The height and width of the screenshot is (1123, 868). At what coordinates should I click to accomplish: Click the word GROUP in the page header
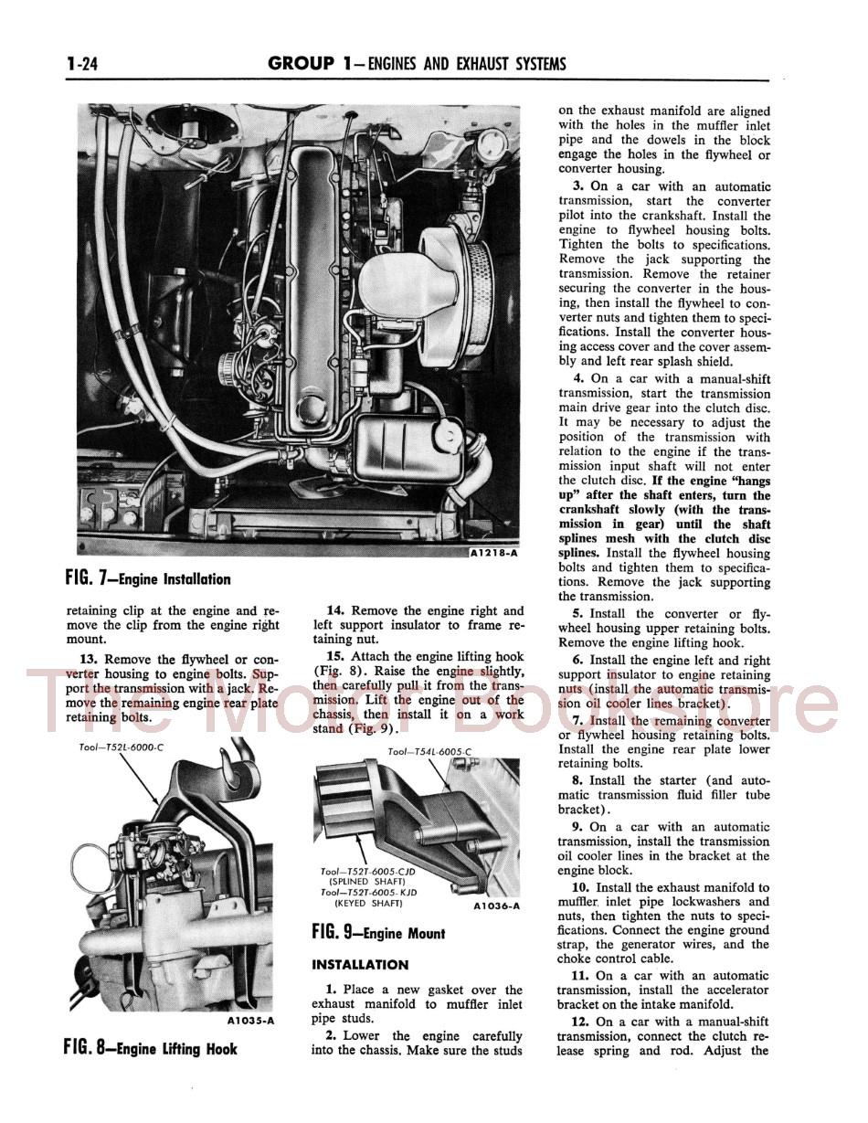pos(302,63)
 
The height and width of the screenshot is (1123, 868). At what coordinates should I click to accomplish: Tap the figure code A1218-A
pos(493,553)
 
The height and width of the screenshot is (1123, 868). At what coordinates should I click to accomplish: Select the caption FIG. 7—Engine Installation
pos(148,579)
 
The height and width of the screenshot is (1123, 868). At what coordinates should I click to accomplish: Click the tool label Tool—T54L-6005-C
pos(429,752)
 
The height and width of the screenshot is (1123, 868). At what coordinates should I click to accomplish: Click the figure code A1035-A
pos(250,1020)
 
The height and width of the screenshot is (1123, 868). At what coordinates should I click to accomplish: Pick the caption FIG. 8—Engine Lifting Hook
pos(151,1048)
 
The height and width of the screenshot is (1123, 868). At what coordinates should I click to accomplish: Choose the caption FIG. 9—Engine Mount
pos(378,933)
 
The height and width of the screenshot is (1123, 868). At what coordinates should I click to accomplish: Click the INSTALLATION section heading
pos(360,964)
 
